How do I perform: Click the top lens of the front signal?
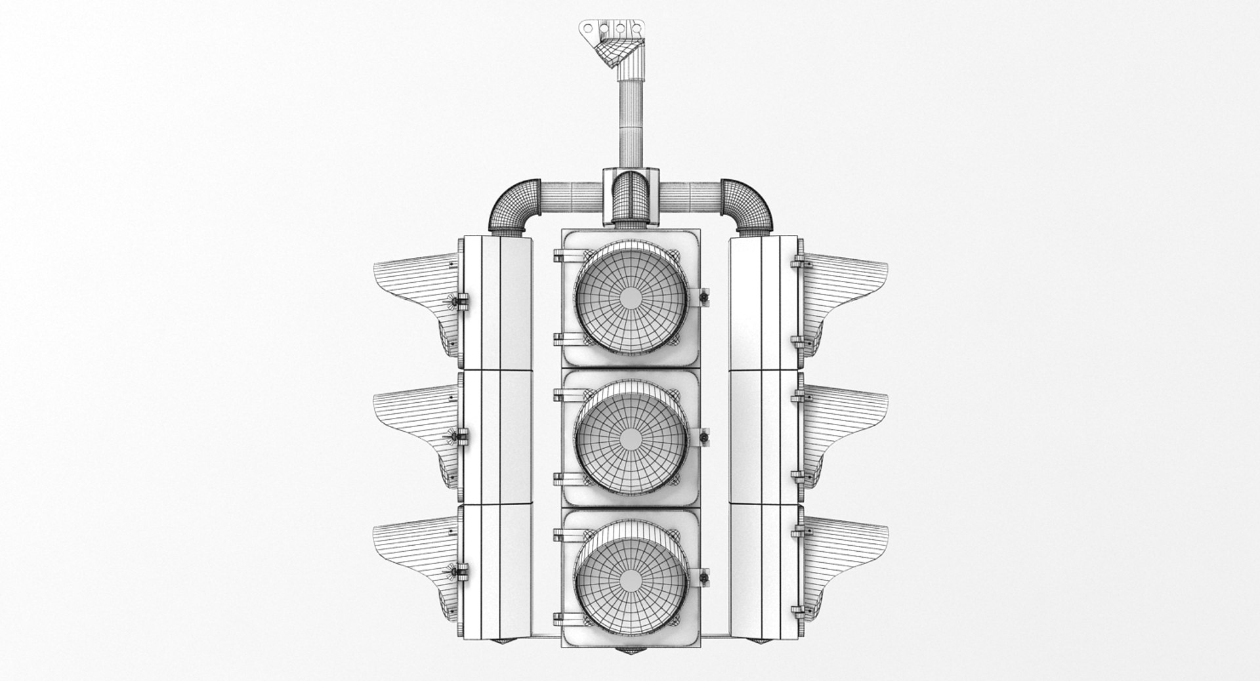click(631, 297)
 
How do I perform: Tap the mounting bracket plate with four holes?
click(610, 30)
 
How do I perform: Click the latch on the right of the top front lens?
click(705, 297)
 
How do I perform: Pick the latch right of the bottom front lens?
click(705, 577)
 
